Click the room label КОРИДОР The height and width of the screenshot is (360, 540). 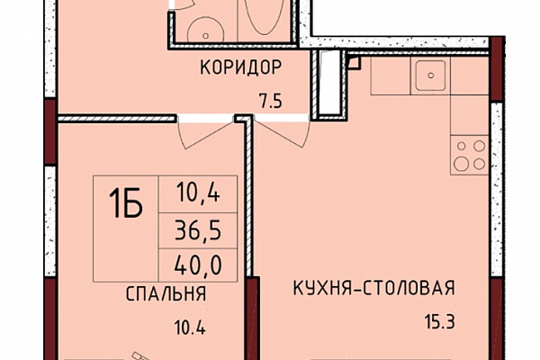pyautogui.click(x=240, y=67)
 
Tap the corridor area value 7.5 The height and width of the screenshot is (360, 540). pyautogui.click(x=271, y=102)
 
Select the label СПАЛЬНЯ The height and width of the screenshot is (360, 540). pyautogui.click(x=166, y=294)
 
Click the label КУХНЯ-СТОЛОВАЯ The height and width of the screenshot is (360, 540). pyautogui.click(x=373, y=288)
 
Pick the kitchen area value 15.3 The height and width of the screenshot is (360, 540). pyautogui.click(x=439, y=322)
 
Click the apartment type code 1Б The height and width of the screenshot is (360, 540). pyautogui.click(x=125, y=203)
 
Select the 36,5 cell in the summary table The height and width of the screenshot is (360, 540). pyautogui.click(x=198, y=229)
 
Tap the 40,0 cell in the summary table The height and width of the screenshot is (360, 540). pyautogui.click(x=198, y=265)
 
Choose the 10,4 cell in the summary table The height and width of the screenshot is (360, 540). pyautogui.click(x=198, y=194)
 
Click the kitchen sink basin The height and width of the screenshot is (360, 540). pyautogui.click(x=430, y=76)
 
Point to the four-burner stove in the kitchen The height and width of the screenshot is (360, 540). pyautogui.click(x=470, y=155)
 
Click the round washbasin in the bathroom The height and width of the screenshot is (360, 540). pyautogui.click(x=204, y=31)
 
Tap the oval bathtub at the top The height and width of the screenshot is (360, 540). pyautogui.click(x=265, y=15)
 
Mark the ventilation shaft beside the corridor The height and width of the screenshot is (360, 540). pyautogui.click(x=331, y=85)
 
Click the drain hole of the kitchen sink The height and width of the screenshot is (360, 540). pyautogui.click(x=430, y=76)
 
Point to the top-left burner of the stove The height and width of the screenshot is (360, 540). pyautogui.click(x=462, y=146)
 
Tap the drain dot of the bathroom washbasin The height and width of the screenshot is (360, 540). pyautogui.click(x=205, y=35)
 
